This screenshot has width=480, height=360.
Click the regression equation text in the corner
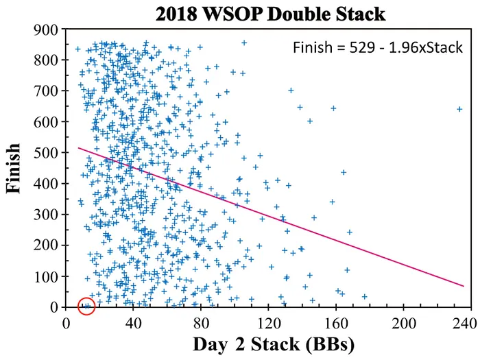(x=377, y=48)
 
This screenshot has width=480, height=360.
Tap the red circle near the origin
(x=86, y=306)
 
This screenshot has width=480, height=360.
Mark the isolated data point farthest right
(x=459, y=108)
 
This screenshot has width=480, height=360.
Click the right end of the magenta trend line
(x=464, y=286)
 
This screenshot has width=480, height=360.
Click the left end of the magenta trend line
(x=78, y=147)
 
